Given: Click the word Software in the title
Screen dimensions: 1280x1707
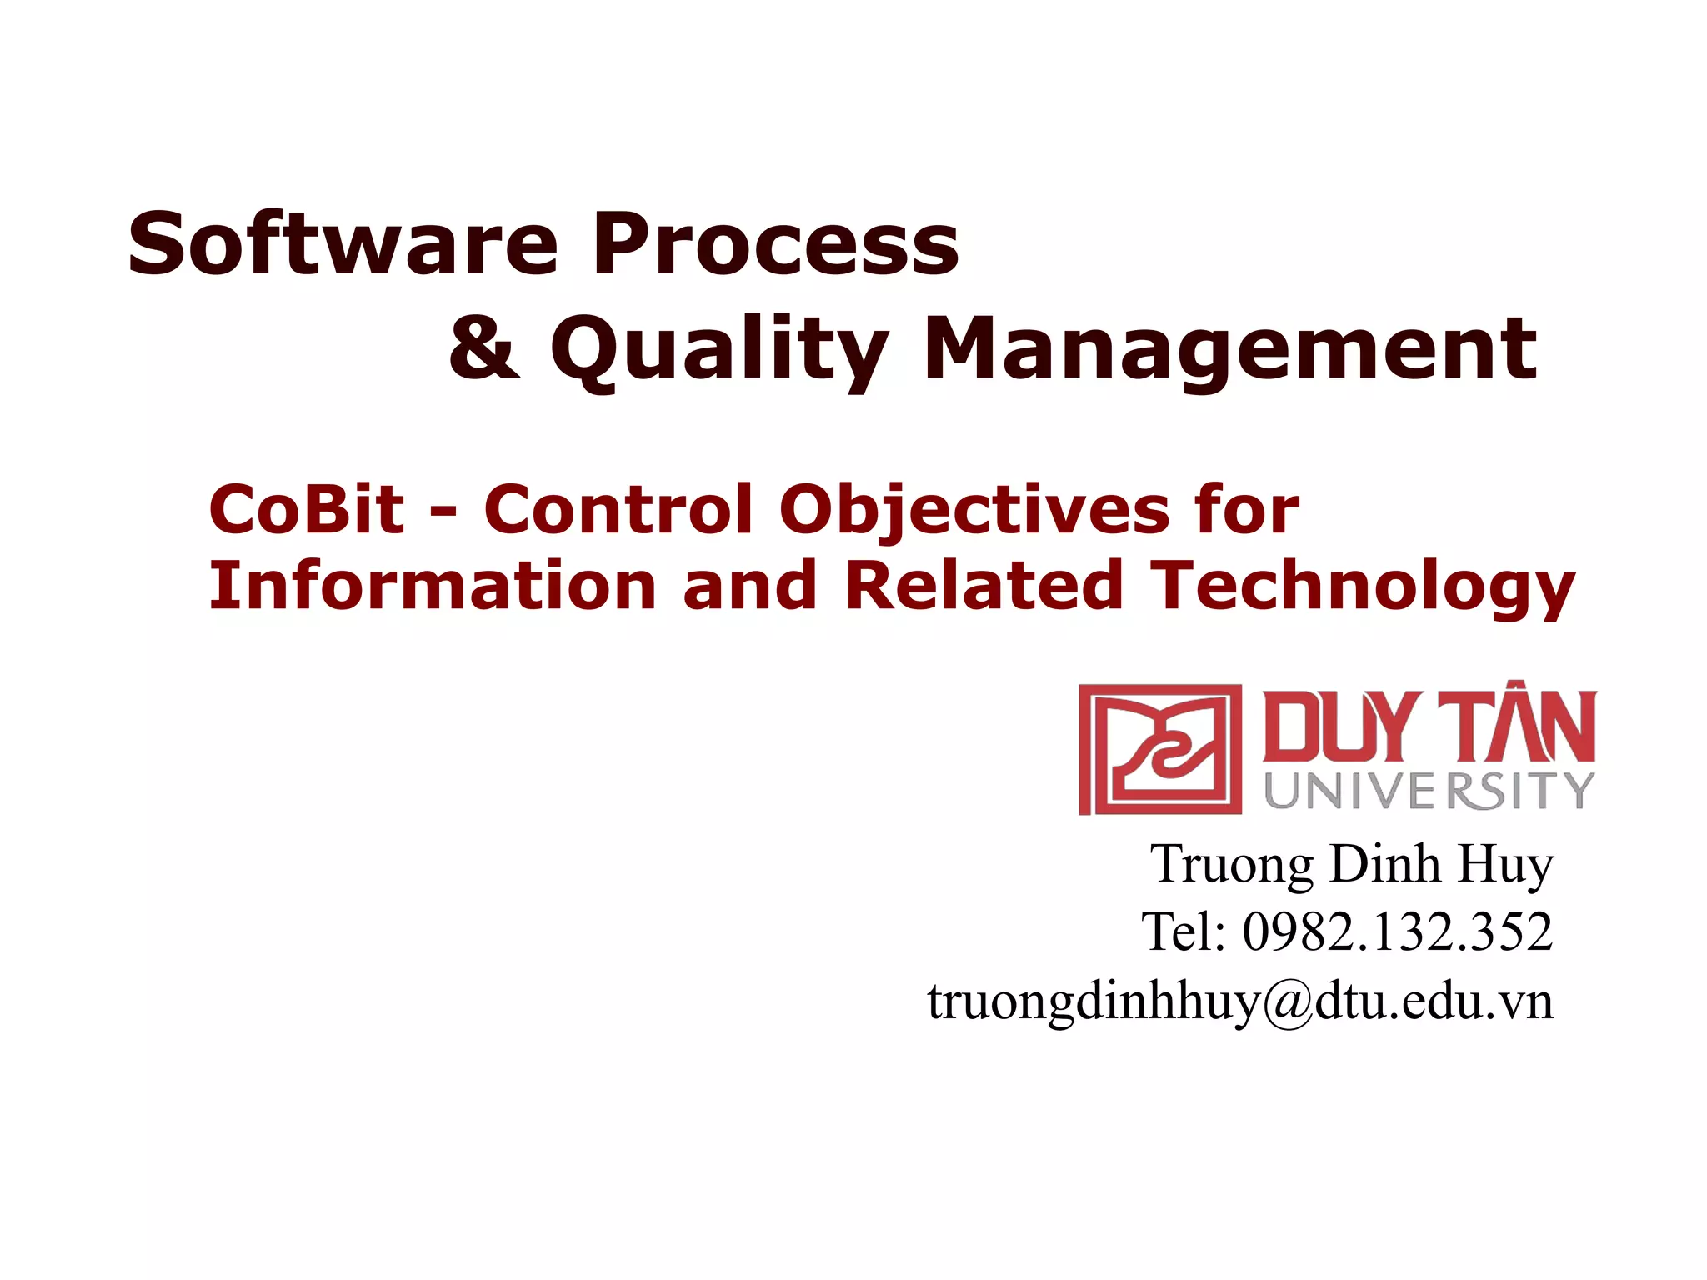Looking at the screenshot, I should pos(343,243).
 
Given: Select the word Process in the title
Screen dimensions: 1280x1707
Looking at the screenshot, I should pos(775,243).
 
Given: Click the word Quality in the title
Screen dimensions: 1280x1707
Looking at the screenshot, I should pos(718,350).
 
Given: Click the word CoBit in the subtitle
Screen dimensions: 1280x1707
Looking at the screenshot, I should pos(306,509).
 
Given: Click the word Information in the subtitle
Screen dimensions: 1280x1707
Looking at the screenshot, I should pos(433,585).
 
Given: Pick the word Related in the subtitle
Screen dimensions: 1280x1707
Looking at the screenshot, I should pos(984,585).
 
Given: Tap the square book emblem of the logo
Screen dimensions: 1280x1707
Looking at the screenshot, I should pos(1159,749).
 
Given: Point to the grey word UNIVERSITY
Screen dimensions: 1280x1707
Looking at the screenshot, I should pos(1429,790).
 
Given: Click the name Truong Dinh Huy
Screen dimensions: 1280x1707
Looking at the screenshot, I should pos(1352,864).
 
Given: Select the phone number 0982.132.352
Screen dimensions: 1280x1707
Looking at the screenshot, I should pos(1397,932).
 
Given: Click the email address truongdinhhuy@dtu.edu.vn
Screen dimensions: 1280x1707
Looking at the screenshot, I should pos(1240,1001).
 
